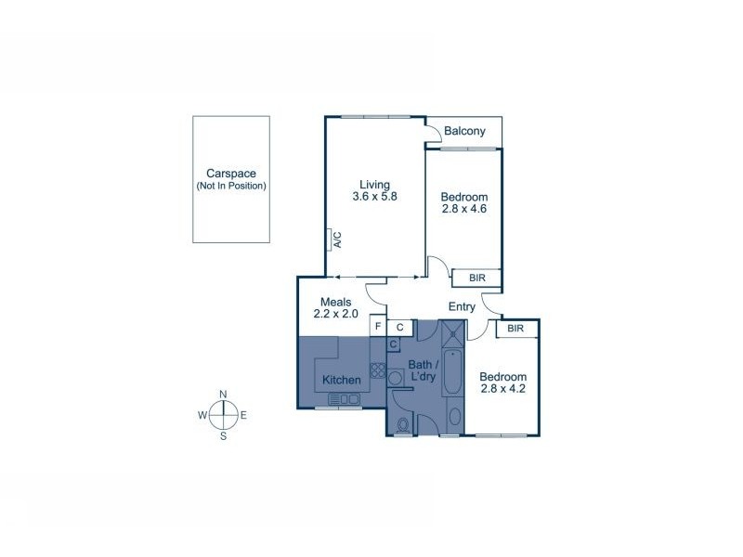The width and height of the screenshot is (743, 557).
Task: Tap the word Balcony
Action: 464,131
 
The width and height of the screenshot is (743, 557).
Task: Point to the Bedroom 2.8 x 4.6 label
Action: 463,202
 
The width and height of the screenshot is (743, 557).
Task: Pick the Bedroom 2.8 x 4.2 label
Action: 502,383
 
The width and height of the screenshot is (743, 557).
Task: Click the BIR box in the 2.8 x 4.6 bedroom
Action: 476,278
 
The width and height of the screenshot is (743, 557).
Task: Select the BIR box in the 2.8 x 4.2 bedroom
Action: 517,329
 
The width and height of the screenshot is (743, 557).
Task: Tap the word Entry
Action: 462,306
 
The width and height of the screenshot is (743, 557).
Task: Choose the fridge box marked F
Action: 378,327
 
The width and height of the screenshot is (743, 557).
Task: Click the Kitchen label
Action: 341,381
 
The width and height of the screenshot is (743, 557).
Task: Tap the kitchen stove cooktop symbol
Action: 378,369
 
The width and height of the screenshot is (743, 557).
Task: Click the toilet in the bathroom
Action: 402,426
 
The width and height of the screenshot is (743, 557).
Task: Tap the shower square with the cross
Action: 454,333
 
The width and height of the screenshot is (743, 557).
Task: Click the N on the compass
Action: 223,395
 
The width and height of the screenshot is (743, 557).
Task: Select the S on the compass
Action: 223,434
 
